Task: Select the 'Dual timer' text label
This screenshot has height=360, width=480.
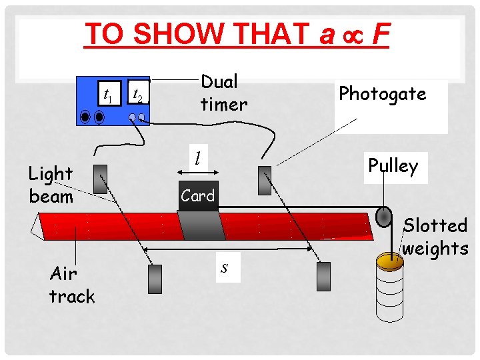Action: (x=224, y=93)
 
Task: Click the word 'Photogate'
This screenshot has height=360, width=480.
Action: (x=382, y=94)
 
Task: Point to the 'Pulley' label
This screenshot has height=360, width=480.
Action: (x=393, y=166)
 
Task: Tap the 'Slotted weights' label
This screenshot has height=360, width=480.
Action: (x=436, y=237)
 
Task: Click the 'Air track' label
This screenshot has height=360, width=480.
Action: (x=72, y=285)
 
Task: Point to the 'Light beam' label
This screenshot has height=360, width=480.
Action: (x=51, y=185)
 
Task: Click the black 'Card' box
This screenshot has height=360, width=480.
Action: (x=198, y=196)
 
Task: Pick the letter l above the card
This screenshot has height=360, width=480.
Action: (x=197, y=158)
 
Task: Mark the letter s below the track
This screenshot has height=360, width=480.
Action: (x=225, y=267)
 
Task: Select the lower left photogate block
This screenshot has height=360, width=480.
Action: (x=154, y=279)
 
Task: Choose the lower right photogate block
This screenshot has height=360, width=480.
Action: (x=323, y=276)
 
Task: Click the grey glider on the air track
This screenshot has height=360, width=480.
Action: (x=201, y=225)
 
